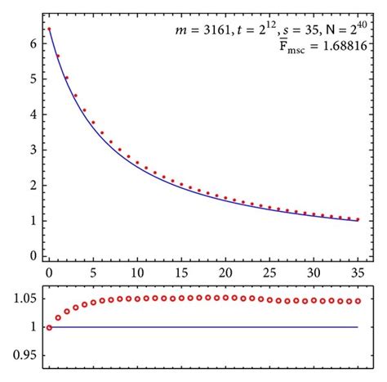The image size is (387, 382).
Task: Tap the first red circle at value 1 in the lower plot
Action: (x=49, y=327)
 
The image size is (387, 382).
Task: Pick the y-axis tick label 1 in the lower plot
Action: (x=30, y=327)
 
